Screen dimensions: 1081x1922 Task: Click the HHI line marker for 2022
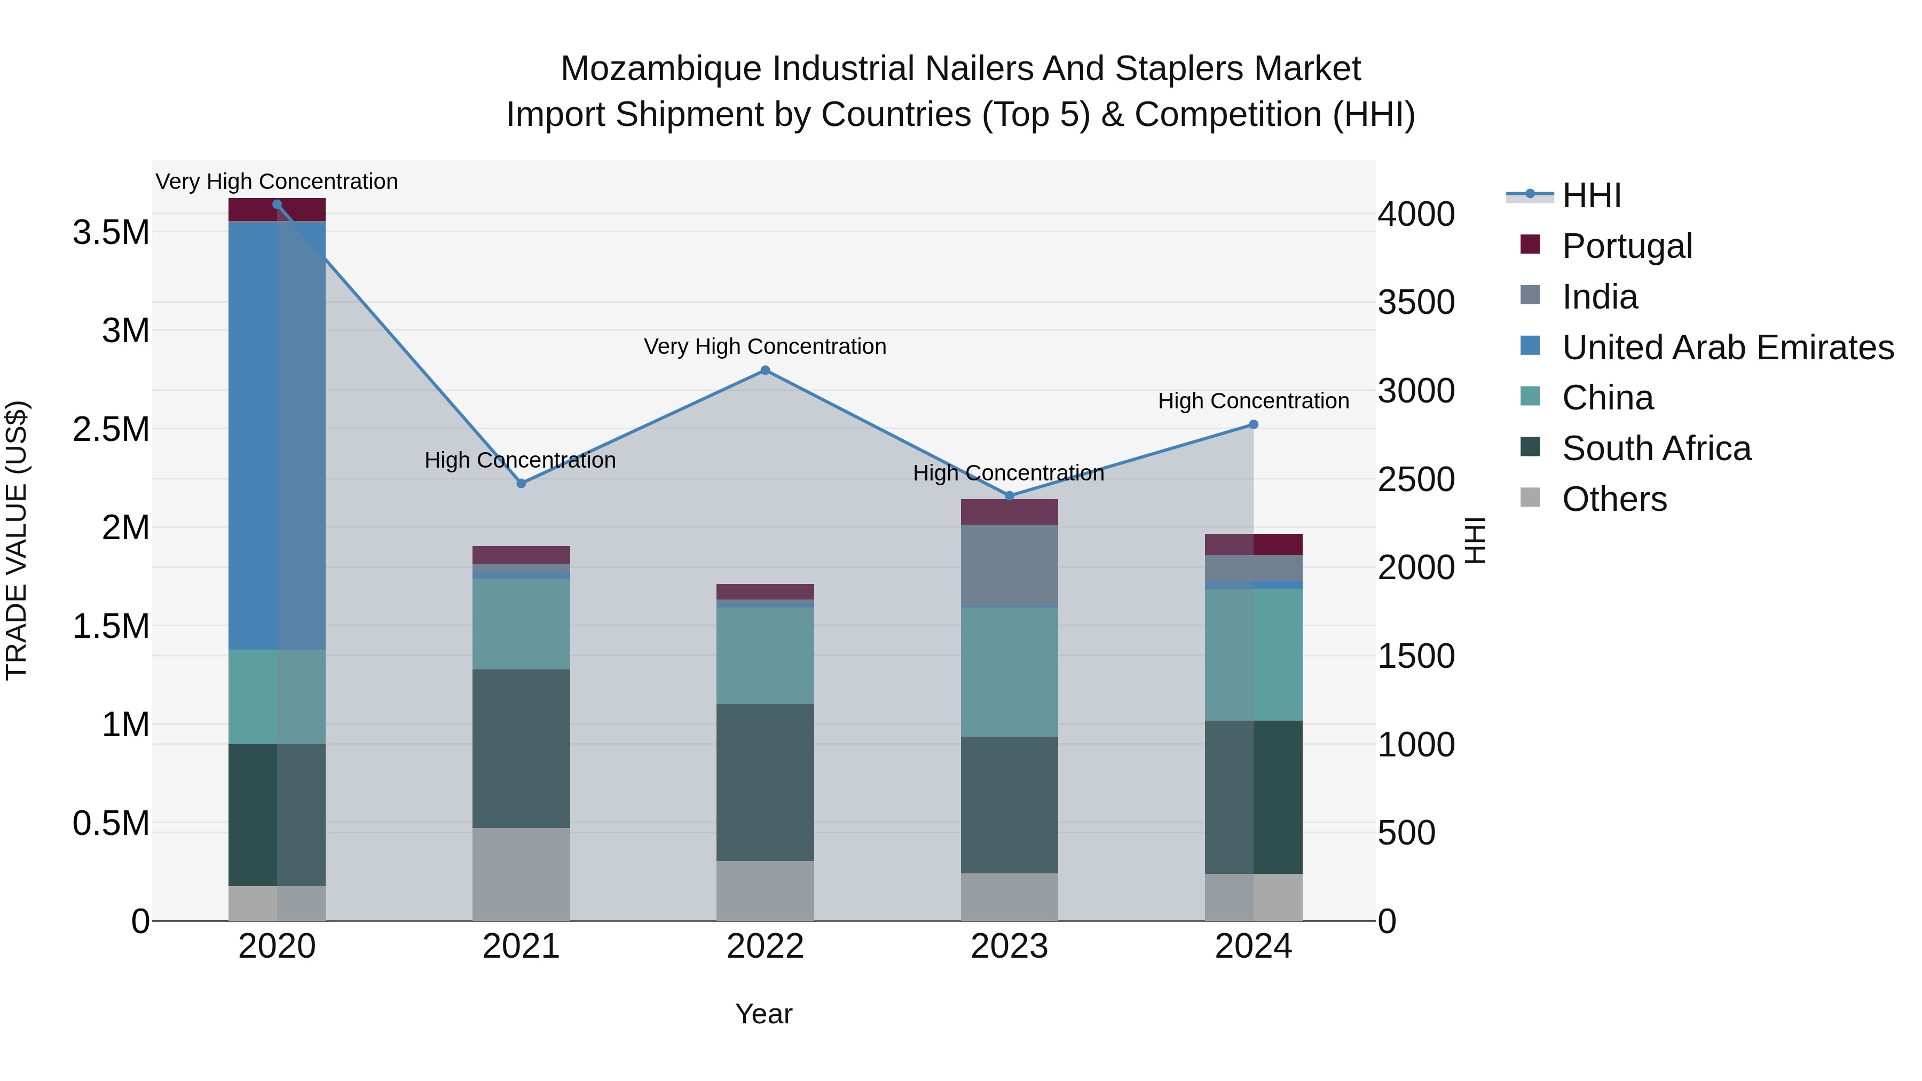765,370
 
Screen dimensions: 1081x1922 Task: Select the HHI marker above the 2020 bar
277,204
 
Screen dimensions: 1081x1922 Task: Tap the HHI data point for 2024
1254,424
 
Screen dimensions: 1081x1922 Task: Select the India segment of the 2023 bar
1009,565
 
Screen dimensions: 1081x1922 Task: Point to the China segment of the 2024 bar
1254,654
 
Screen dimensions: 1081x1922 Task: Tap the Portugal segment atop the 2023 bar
1009,512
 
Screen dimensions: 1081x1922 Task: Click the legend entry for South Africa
1656,448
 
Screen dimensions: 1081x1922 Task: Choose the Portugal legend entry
1627,246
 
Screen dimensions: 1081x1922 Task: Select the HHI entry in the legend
1591,195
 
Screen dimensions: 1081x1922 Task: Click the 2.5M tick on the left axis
111,430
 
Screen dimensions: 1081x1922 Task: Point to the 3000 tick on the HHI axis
1415,391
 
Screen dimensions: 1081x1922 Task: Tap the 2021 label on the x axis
521,946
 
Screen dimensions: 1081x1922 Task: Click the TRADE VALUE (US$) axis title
17,540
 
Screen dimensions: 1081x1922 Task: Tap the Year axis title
763,1014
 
